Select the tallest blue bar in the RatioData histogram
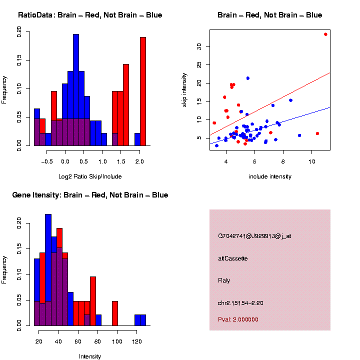[x=76, y=90]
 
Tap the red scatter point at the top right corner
[x=325, y=34]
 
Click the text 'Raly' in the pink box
[x=224, y=280]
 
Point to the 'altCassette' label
[x=232, y=258]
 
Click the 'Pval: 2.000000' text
[x=238, y=319]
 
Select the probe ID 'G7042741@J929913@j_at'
[x=254, y=236]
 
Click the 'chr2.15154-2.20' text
[x=240, y=303]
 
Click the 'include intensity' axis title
[x=270, y=176]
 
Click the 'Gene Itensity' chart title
[x=90, y=195]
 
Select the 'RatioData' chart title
[x=90, y=15]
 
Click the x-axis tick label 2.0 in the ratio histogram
[x=140, y=161]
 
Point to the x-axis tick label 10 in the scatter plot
[x=311, y=161]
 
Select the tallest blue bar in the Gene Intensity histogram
[x=48, y=270]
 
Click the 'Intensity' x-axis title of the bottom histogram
[x=90, y=356]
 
